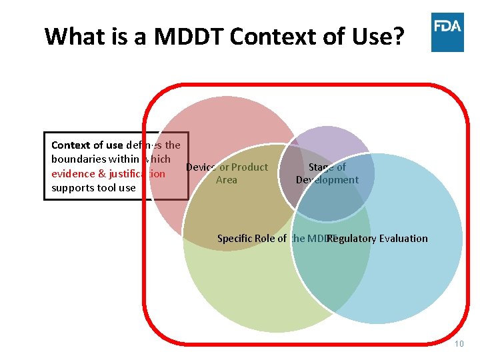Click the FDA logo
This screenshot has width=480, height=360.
pos(447,32)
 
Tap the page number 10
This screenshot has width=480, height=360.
pos(459,344)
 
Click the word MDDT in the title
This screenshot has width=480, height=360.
pos(189,36)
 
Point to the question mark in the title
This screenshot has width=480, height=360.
pos(398,36)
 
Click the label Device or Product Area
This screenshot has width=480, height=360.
pos(227,173)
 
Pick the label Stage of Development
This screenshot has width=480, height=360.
pos(327,173)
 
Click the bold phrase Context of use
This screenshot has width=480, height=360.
pos(87,145)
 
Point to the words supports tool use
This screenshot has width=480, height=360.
pos(93,188)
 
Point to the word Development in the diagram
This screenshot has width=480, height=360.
pos(327,180)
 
